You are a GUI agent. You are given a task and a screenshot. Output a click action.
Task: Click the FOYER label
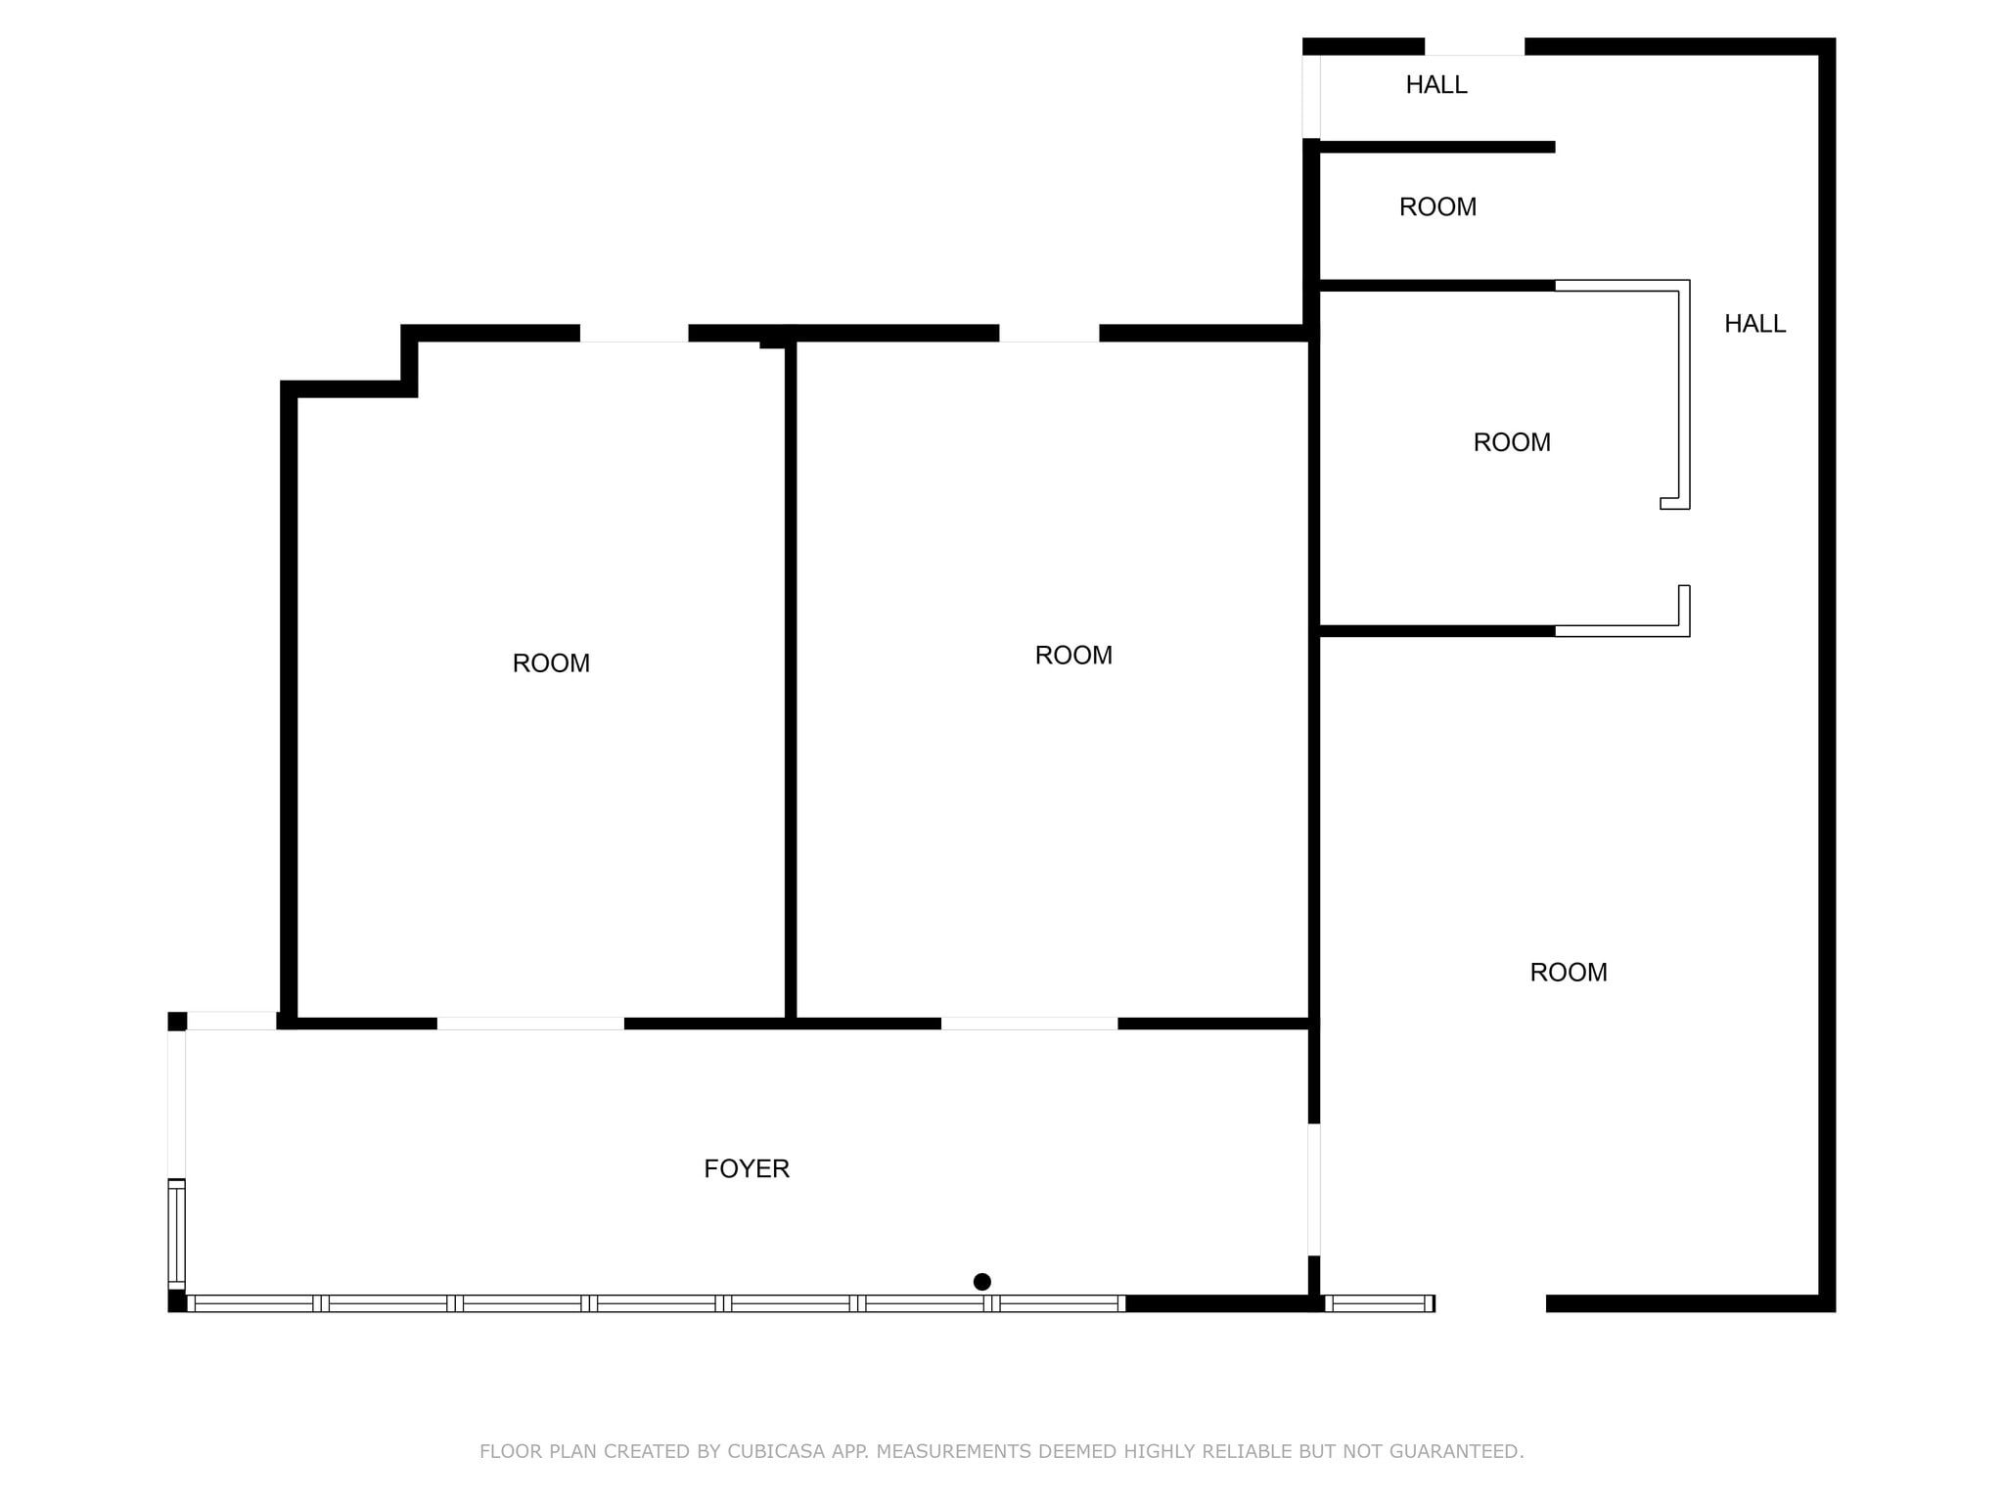point(747,1168)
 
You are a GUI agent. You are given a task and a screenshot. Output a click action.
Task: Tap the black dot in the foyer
point(982,1282)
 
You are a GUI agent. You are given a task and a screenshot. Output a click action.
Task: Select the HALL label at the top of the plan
point(1436,85)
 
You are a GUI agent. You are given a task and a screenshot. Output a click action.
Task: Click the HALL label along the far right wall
point(1754,324)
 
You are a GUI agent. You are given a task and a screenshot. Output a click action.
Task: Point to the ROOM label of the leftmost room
point(551,663)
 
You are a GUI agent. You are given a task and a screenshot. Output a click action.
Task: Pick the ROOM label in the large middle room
point(1073,656)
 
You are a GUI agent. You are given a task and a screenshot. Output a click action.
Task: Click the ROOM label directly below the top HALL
point(1437,207)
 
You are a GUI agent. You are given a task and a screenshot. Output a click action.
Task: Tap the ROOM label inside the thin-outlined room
point(1512,442)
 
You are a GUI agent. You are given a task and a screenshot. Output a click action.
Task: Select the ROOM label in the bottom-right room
point(1569,973)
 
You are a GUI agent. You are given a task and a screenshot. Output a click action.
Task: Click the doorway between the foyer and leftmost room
point(530,1024)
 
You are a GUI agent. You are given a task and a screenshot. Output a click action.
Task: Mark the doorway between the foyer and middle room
point(1029,1024)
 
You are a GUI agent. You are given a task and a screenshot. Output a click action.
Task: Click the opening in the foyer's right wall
point(1314,1190)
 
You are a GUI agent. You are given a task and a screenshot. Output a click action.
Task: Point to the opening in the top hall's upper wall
point(1475,47)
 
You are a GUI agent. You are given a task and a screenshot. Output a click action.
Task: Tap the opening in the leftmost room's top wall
point(634,334)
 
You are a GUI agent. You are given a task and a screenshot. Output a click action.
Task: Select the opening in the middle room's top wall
point(1049,334)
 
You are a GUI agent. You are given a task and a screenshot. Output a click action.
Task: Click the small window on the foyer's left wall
point(176,1235)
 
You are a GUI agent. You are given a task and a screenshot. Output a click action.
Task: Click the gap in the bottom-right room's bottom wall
point(1490,1303)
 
